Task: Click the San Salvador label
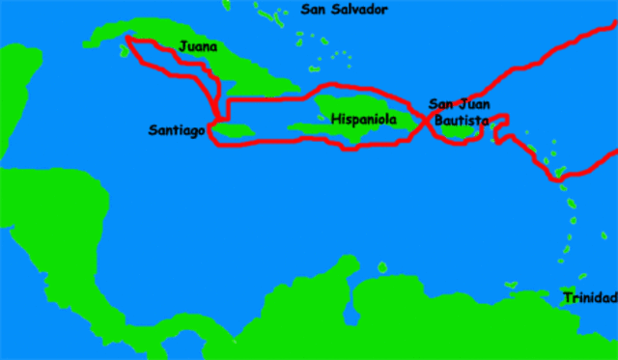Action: coord(344,10)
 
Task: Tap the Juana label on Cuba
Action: coord(198,46)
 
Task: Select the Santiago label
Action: coord(177,129)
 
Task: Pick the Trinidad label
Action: coord(591,297)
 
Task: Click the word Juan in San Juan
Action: coord(476,105)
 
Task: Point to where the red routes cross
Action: coord(426,121)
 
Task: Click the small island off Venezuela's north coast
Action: coord(382,266)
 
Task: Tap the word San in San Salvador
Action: coord(314,10)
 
